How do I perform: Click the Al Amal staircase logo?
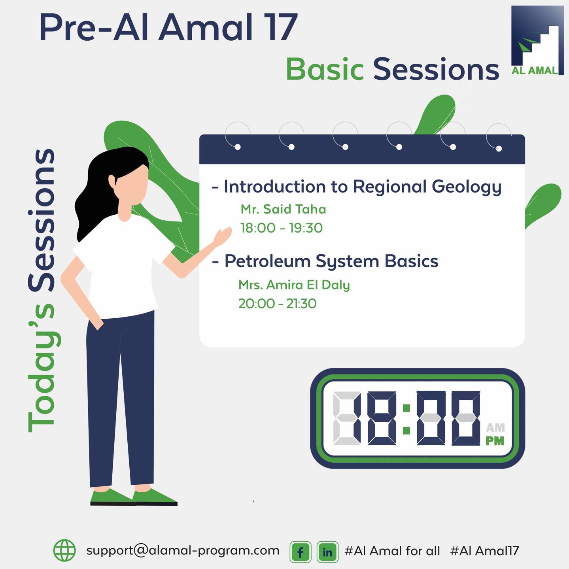pyautogui.click(x=537, y=40)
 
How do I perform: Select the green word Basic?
pyautogui.click(x=325, y=69)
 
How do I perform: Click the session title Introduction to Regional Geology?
pyautogui.click(x=363, y=187)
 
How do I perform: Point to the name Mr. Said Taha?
pyautogui.click(x=283, y=209)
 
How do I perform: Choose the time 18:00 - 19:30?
pyautogui.click(x=282, y=228)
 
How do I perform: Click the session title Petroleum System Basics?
pyautogui.click(x=331, y=262)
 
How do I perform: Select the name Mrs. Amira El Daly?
pyautogui.click(x=294, y=285)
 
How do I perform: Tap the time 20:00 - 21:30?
pyautogui.click(x=277, y=304)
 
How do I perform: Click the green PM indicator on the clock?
pyautogui.click(x=495, y=441)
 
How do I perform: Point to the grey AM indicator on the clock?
pyautogui.click(x=495, y=427)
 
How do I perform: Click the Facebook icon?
pyautogui.click(x=301, y=552)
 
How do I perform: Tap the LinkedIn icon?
pyautogui.click(x=327, y=552)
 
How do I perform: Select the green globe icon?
pyautogui.click(x=64, y=550)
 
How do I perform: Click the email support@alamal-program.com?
pyautogui.click(x=183, y=551)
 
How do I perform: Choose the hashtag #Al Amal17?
pyautogui.click(x=484, y=551)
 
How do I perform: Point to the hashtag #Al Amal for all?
pyautogui.click(x=392, y=551)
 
